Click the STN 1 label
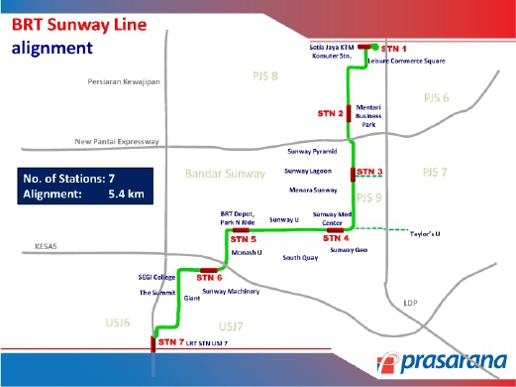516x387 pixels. [x=395, y=48]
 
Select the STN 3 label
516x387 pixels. [x=370, y=173]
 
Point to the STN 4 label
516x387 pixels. [x=337, y=238]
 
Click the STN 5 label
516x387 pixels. [x=243, y=240]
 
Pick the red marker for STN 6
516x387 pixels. [x=209, y=269]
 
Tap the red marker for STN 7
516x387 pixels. [x=154, y=342]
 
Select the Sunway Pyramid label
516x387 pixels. [x=311, y=153]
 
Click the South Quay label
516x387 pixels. [x=300, y=257]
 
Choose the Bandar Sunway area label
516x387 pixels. [x=225, y=174]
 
